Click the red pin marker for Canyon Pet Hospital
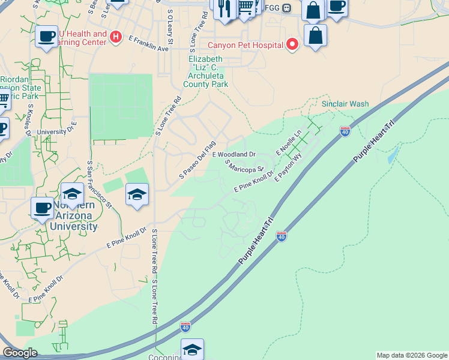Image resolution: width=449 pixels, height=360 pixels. [292, 44]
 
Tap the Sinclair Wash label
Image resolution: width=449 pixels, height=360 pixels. [345, 104]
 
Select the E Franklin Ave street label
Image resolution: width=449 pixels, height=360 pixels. [149, 43]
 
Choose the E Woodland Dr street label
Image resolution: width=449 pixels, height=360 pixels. [234, 154]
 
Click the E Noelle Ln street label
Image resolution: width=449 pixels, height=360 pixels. [289, 144]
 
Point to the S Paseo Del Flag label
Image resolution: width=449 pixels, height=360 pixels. [197, 160]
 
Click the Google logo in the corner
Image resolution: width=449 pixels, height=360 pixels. [20, 353]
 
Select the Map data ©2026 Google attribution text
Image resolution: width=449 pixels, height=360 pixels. [412, 355]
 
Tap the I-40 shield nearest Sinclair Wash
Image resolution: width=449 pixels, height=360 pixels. [345, 131]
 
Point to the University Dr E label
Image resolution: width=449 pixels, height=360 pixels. [57, 130]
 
